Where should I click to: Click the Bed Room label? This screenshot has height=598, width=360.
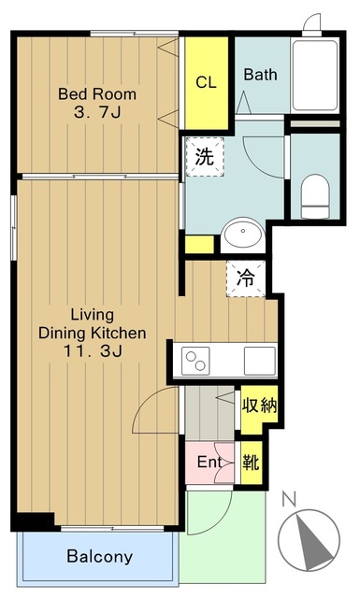point(97,93)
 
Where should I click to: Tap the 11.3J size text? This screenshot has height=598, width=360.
point(93,351)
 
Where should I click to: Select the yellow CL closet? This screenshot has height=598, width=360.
point(206,83)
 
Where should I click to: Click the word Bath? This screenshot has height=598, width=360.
point(260,75)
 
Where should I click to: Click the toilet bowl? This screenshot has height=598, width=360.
point(315,196)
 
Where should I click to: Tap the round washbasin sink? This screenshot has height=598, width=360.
point(243,234)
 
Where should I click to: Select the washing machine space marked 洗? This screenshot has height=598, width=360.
point(205,157)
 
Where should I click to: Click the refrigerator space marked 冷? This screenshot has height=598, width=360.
point(246,278)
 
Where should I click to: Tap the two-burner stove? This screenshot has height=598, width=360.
point(195,361)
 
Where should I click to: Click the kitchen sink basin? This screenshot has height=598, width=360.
point(260,361)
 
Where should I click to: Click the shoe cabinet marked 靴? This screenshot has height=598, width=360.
point(252,463)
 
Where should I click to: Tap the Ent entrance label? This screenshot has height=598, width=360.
point(209,463)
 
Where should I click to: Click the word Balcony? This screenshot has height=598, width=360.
point(100,557)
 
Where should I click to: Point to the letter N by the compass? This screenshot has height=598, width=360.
point(289,499)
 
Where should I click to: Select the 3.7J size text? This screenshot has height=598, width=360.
point(98,112)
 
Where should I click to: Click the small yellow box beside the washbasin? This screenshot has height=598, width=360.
point(199,245)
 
